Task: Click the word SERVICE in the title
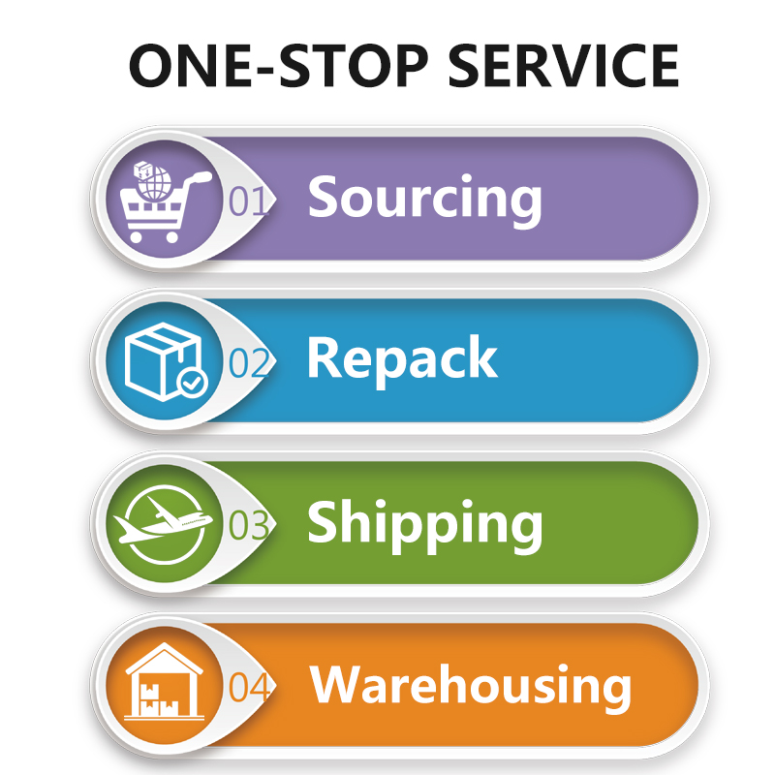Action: coord(563,66)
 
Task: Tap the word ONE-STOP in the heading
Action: coord(278,66)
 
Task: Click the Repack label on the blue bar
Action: coord(402,359)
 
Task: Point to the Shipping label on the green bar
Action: coord(424,525)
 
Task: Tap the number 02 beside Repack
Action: coord(249,362)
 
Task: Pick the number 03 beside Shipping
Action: coord(249,525)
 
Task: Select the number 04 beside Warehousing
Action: coord(249,687)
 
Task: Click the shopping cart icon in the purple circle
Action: coord(166,202)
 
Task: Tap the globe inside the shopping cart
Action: coord(155,184)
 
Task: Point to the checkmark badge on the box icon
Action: coord(192,382)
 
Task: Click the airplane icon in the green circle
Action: coord(163,520)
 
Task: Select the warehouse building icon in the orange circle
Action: coord(164,681)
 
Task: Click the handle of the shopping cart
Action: coord(201,177)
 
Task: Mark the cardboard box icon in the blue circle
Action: coord(163,361)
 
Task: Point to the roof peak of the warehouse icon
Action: coord(164,644)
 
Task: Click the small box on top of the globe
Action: coord(142,170)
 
